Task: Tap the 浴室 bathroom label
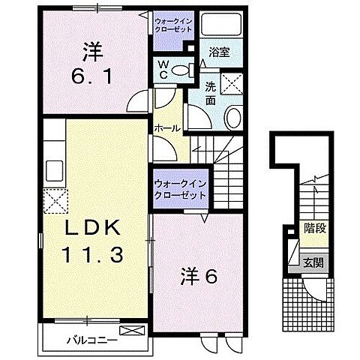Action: coord(219,52)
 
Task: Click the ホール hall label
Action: coord(166,128)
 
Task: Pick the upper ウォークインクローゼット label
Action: coord(173,24)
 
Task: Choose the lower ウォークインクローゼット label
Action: coord(180,188)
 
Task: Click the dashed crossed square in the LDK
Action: coord(54,200)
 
